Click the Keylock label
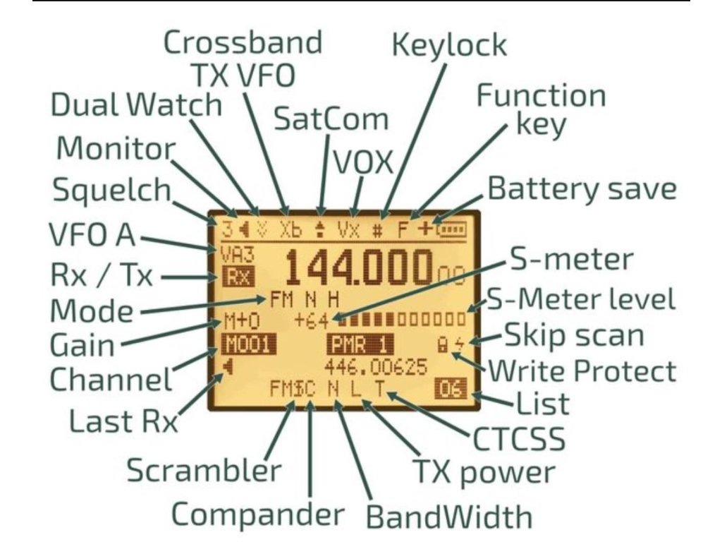(x=448, y=44)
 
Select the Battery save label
(x=582, y=188)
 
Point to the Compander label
(x=258, y=514)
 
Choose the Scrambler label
(x=204, y=469)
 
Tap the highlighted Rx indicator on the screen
(x=235, y=277)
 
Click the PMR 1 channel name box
(x=360, y=346)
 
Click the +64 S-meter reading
(x=312, y=320)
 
